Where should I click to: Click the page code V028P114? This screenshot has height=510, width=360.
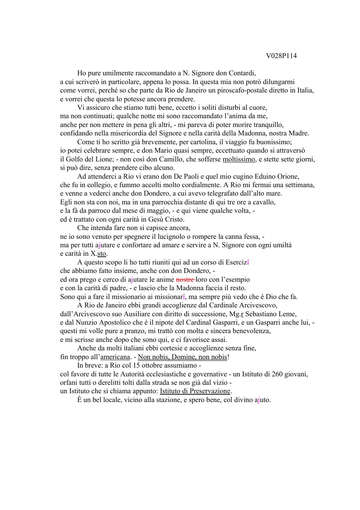281,56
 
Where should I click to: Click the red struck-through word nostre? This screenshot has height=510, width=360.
185,280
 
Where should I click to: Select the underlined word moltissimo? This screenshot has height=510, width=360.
239,159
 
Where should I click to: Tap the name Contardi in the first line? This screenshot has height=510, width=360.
242,73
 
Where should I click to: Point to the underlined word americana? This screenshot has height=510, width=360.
115,357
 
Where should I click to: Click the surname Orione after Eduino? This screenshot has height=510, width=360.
288,177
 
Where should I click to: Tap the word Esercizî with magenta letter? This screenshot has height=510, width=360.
238,262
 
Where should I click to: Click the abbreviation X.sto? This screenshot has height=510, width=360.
98,254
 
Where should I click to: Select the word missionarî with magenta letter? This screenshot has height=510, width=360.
171,297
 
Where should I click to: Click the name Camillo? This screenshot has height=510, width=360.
168,159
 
